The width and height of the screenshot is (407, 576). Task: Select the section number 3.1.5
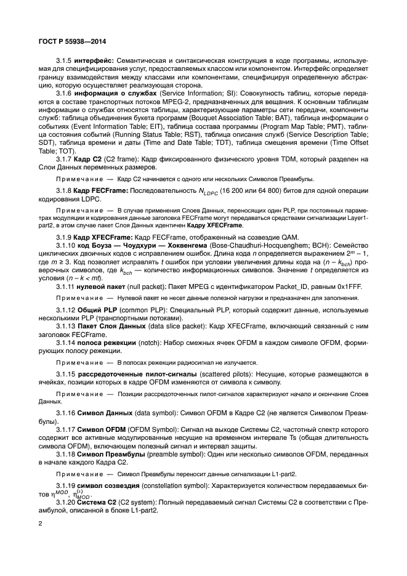coord(65,62)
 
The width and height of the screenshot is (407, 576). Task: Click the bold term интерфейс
coord(95,62)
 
